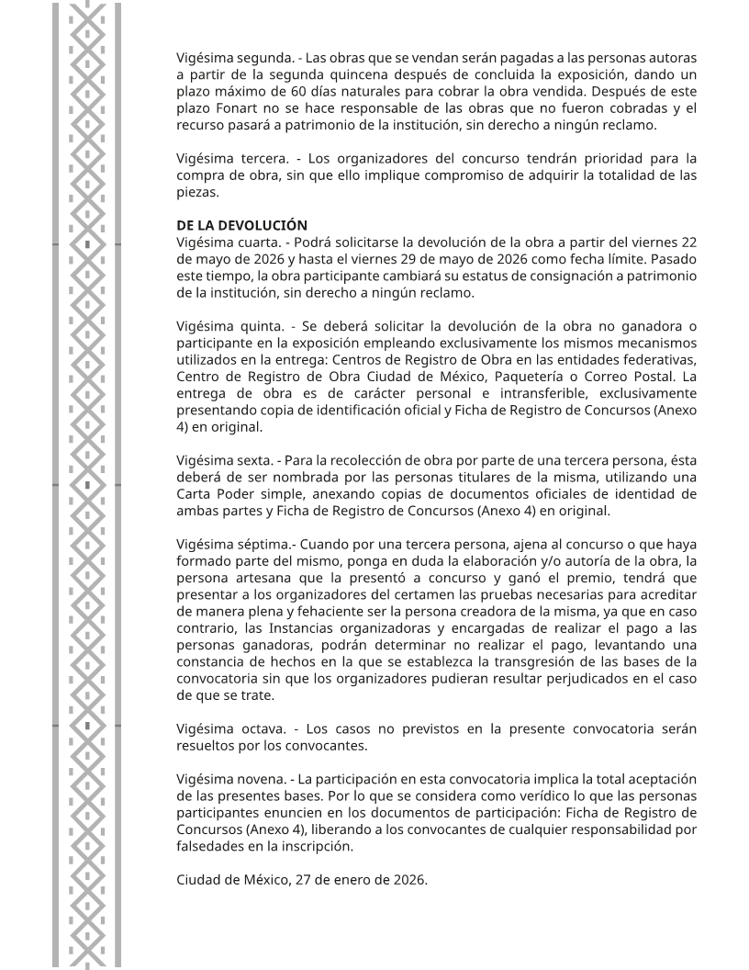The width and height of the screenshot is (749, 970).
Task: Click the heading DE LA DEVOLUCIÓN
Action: [241, 225]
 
